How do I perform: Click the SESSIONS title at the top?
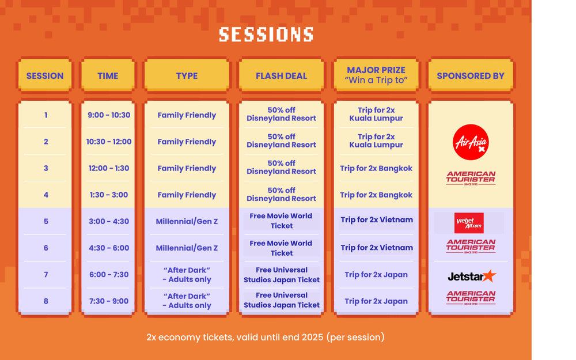pos(266,35)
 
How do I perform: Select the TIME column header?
pos(108,75)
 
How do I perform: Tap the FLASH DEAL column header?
pos(281,75)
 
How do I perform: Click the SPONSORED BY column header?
pos(470,75)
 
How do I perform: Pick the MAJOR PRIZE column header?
pos(376,75)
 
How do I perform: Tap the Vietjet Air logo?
pos(469,222)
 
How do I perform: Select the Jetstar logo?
pos(471,276)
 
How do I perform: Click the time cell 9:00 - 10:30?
pos(109,115)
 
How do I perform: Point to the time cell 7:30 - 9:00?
pos(109,301)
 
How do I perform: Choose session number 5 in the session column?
pos(46,222)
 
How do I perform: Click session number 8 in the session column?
pos(46,301)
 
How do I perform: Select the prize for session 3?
pos(376,168)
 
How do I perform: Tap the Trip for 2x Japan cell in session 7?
pos(376,275)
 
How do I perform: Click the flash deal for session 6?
pos(281,248)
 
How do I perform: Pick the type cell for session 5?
pos(187,222)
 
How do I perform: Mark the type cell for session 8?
pos(187,301)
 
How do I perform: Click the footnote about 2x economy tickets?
pos(265,337)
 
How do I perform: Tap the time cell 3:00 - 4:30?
pos(109,222)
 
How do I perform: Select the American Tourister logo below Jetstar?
pos(471,297)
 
